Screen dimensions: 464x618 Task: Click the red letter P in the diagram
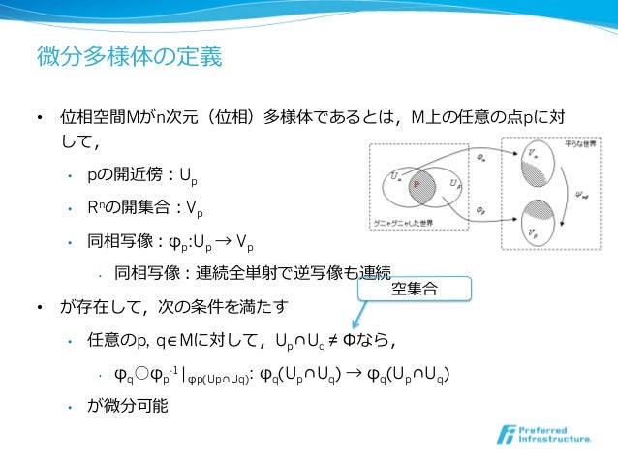[416, 182]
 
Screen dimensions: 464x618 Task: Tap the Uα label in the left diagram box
[395, 174]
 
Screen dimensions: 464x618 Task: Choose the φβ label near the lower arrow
[481, 209]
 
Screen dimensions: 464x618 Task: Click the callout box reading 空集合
[414, 288]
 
